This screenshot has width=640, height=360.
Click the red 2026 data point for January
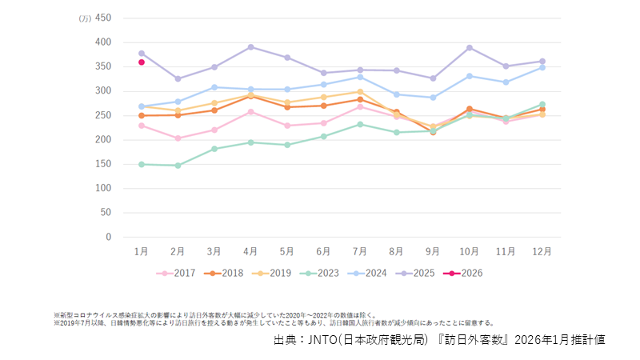(x=142, y=62)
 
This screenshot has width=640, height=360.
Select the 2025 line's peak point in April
(x=250, y=47)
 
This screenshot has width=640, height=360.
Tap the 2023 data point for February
(x=178, y=166)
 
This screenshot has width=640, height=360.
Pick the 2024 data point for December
(x=542, y=67)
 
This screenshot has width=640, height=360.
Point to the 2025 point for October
(x=469, y=48)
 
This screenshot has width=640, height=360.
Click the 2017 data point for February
(x=178, y=138)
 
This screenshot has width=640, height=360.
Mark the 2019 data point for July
(x=360, y=92)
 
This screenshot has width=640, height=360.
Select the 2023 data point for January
(x=142, y=164)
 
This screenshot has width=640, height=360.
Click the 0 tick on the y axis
(x=107, y=238)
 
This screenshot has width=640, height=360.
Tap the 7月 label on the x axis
(x=360, y=251)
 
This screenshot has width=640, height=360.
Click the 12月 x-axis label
(x=542, y=251)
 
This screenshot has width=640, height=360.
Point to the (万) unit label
(x=85, y=18)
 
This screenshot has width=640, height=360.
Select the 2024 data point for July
(x=360, y=77)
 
